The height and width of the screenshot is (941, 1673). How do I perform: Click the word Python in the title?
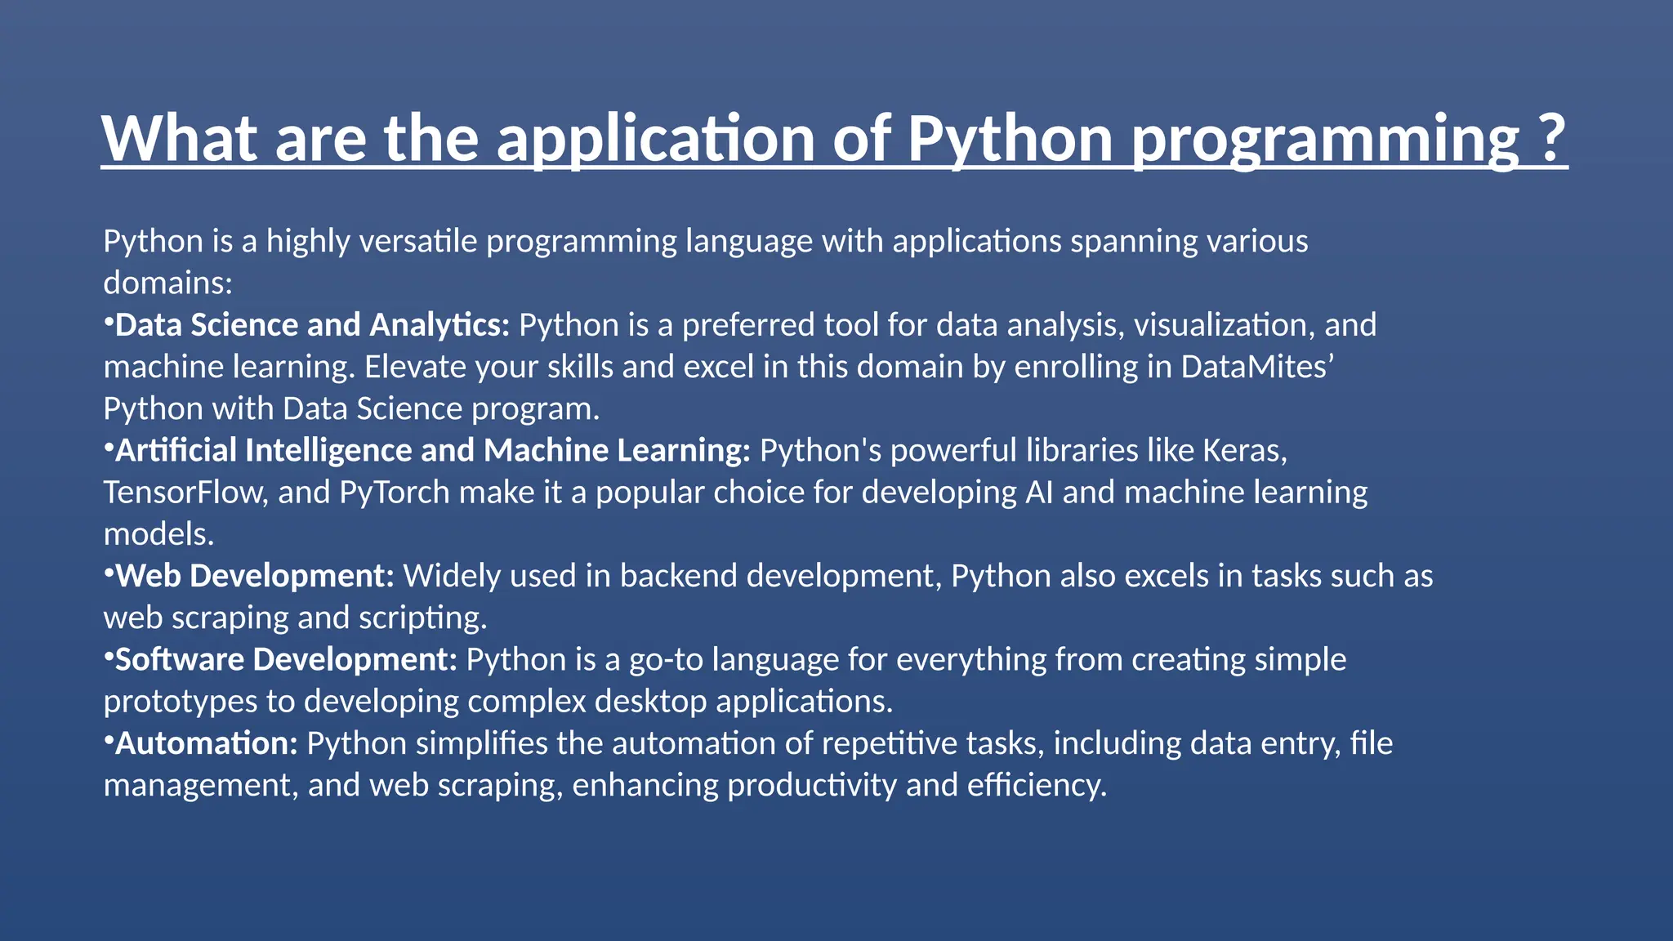pyautogui.click(x=1010, y=139)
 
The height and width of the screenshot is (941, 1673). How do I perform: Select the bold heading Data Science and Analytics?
pyautogui.click(x=312, y=325)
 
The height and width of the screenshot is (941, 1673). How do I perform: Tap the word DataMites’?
pyautogui.click(x=1257, y=367)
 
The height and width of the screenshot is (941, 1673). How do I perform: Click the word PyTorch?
pyautogui.click(x=395, y=493)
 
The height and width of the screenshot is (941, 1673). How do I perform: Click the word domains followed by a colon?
pyautogui.click(x=167, y=283)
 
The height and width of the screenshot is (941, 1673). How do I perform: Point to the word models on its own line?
pyautogui.click(x=158, y=534)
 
